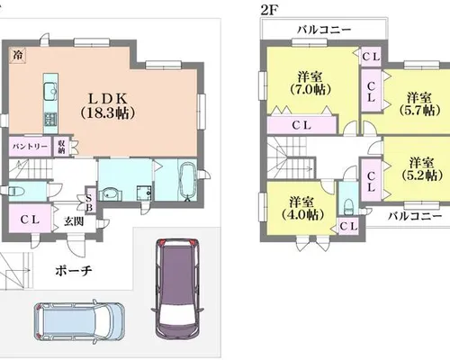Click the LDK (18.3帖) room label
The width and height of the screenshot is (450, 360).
point(108,105)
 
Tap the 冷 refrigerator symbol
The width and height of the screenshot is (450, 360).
point(18,55)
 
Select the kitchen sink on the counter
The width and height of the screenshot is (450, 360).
point(50,92)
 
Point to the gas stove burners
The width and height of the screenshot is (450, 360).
point(50,119)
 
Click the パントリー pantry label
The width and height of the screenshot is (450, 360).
point(30,147)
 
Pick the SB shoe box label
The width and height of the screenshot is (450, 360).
point(89,202)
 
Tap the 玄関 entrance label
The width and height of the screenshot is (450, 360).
point(74,221)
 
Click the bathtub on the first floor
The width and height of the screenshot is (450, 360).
point(187,181)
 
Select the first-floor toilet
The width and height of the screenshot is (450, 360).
point(14,191)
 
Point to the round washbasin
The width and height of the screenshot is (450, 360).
point(110,194)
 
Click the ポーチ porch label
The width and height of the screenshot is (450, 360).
point(74,271)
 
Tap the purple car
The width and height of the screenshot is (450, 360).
point(177,288)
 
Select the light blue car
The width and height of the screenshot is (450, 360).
point(79,321)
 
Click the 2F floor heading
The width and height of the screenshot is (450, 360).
point(267,11)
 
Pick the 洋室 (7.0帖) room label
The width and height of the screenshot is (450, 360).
point(310,83)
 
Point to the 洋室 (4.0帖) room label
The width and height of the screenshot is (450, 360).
point(302,208)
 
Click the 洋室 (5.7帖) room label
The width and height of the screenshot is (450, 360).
point(420,103)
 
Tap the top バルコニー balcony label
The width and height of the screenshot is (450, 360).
point(324,30)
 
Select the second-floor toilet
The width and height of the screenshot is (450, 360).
point(348,207)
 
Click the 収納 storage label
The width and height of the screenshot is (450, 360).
point(61,147)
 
